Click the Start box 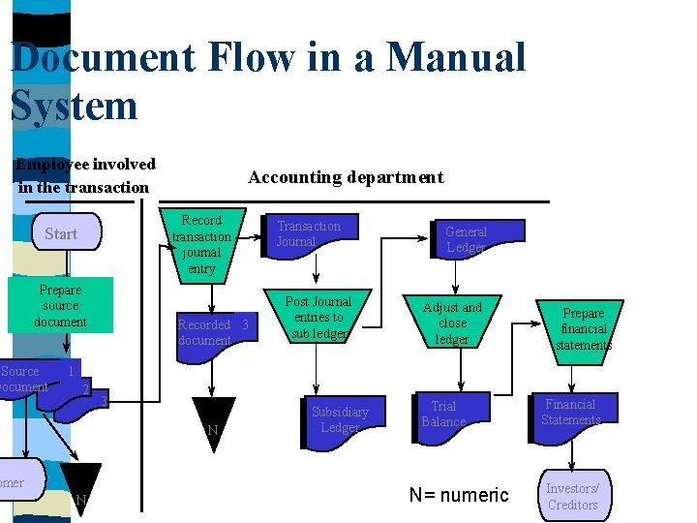60,233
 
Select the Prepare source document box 60,305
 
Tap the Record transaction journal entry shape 201,244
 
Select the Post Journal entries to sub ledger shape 318,318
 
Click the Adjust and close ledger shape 452,323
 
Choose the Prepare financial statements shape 583,329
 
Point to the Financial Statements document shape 571,414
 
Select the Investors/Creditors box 574,496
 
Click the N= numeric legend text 458,495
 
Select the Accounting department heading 346,177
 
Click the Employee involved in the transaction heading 85,175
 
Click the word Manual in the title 456,57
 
